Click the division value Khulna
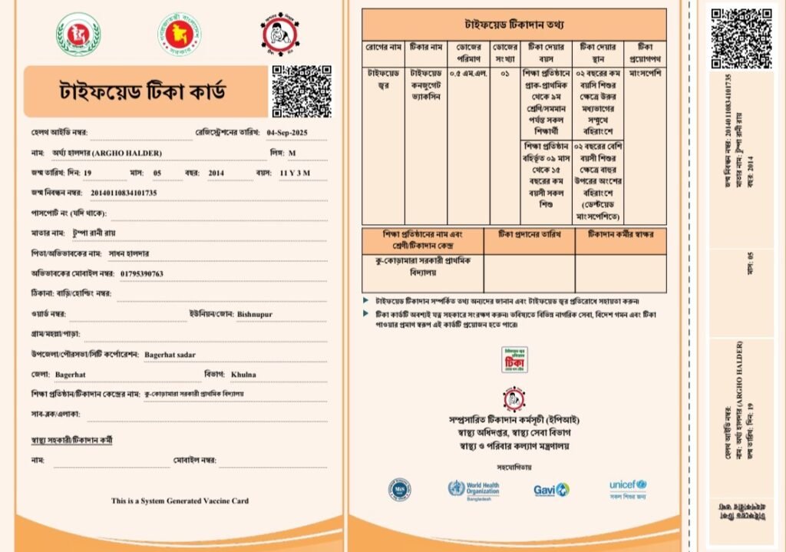coord(244,375)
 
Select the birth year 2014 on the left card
coord(216,173)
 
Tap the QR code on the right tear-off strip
coord(741,29)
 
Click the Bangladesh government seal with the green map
coord(180,33)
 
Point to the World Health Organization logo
coord(473,489)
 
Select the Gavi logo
coord(551,489)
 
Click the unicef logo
coord(628,486)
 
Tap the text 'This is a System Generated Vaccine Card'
coord(180,501)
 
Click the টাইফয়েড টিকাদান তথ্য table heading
coord(514,25)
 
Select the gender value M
coord(292,153)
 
